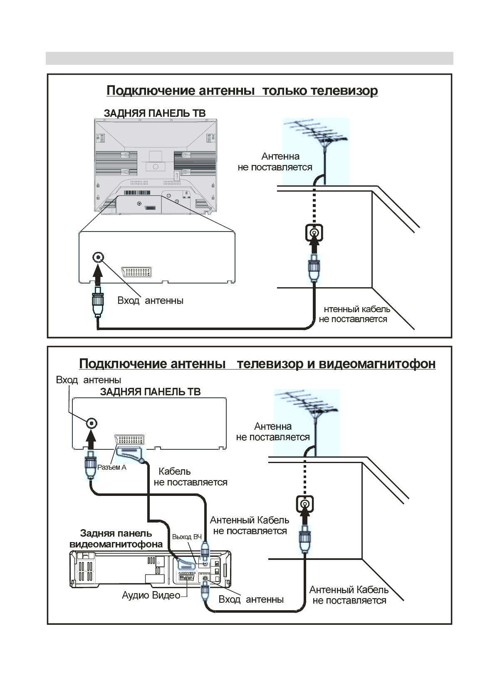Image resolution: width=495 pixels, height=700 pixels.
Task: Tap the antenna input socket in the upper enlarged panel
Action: pos(98,257)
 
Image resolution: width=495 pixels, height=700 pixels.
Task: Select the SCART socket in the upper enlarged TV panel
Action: pos(136,272)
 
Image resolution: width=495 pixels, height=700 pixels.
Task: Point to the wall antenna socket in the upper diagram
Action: pos(314,233)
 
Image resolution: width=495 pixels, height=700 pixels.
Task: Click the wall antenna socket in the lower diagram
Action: pos(304,504)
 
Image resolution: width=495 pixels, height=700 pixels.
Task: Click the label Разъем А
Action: pos(111,467)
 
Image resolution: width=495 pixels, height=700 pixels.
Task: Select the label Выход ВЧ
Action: pos(187,537)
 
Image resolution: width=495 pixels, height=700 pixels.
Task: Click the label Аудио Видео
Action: pos(151,595)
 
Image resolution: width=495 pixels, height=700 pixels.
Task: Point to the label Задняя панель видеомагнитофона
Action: pos(116,539)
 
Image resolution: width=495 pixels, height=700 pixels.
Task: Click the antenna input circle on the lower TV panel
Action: pos(92,423)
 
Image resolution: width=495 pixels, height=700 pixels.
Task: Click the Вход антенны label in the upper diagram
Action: pos(150,301)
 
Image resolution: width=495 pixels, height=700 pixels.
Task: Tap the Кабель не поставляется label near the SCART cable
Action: pos(190,477)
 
